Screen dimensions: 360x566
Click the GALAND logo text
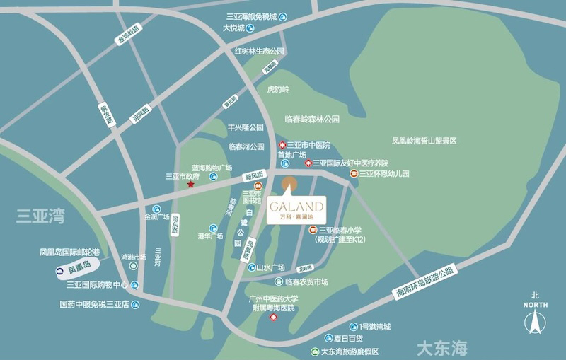click(x=296, y=206)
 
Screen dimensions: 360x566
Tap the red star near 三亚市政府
click(x=190, y=185)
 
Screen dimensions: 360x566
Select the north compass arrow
click(x=536, y=322)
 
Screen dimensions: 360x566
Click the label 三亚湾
click(x=40, y=216)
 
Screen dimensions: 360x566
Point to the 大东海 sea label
click(x=442, y=348)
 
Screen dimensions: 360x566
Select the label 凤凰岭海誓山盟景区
click(x=424, y=141)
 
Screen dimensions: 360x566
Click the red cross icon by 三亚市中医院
click(x=282, y=145)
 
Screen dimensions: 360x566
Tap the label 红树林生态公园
click(x=259, y=52)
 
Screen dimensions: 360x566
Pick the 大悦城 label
click(x=233, y=28)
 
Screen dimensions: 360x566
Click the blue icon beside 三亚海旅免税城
click(x=283, y=17)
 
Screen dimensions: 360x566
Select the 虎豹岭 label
click(x=278, y=90)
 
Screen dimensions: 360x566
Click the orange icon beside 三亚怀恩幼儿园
click(x=353, y=173)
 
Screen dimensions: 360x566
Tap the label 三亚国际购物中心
click(x=97, y=285)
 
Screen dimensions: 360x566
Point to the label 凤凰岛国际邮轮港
click(x=69, y=252)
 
